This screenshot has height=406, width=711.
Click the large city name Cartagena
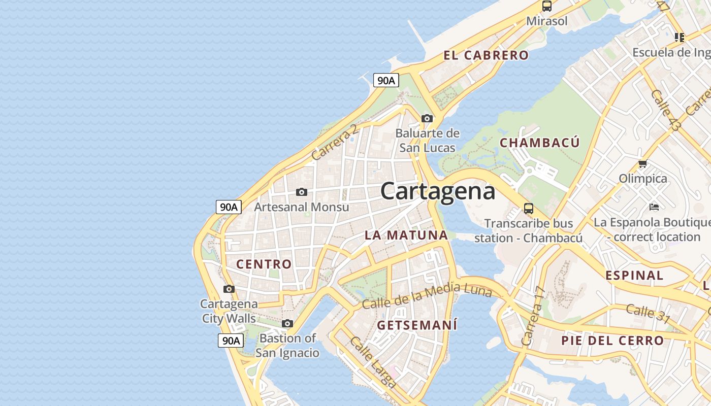[x=437, y=191]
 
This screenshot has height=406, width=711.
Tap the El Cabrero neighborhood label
[x=486, y=55]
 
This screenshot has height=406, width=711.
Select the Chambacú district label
[x=539, y=143]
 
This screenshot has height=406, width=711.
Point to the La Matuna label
[x=406, y=235]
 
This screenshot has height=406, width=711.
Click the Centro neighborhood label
[x=264, y=264]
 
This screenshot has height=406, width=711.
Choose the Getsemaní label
[x=417, y=325]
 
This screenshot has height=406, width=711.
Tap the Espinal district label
[x=634, y=276]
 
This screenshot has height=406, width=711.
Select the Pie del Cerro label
[x=612, y=341]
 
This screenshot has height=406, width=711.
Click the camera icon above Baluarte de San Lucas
[x=427, y=118]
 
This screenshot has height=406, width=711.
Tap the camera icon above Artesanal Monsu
[x=302, y=192]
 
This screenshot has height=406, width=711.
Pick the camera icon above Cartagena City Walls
[x=229, y=289]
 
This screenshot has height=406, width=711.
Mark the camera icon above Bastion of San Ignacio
[x=287, y=323]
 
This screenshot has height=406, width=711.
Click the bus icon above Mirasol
[x=546, y=6]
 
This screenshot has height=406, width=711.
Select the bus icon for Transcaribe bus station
[x=529, y=208]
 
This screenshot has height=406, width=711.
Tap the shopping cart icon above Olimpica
[x=642, y=163]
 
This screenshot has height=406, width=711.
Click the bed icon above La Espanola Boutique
[x=654, y=207]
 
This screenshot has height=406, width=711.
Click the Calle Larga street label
[x=373, y=362]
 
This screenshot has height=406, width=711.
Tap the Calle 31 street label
[x=648, y=313]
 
